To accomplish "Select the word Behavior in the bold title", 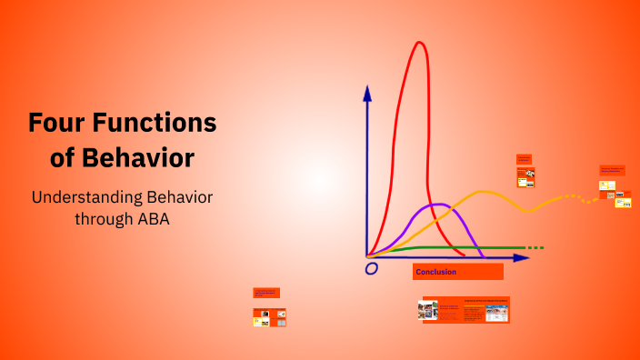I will coord(136,157).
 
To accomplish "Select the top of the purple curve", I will coord(438,204).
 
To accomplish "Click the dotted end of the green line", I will coord(535,247).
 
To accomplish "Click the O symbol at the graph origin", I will coord(371,269).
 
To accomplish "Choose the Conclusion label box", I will coord(457,272).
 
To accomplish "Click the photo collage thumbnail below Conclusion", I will coord(427,311).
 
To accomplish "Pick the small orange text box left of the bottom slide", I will coord(266,293).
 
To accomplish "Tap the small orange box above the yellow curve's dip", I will coord(524,159).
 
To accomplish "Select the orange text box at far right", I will coord(612,170).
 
